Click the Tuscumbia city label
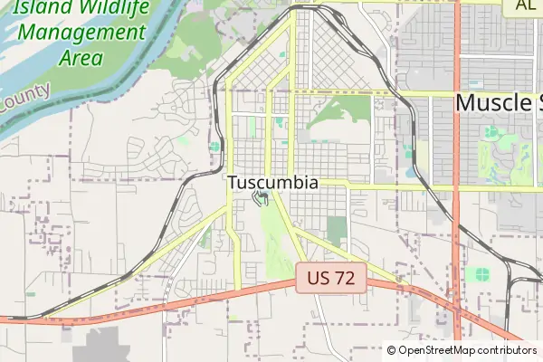[272, 182]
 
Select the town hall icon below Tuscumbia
[262, 198]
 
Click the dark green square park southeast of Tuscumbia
[337, 231]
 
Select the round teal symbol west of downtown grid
[214, 147]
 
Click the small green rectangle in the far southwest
[31, 294]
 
